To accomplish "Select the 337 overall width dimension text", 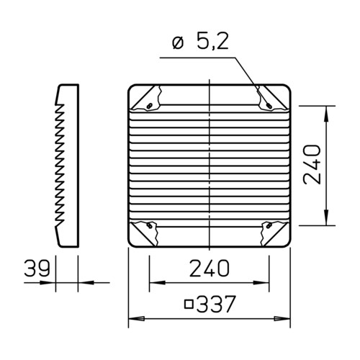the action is pos(216,304).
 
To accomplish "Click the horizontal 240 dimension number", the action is pos(210,267).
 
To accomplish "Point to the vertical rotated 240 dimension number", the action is pos(312,164).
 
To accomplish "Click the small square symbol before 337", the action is pos(189,304).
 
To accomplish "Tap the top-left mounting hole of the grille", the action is pos(150,106).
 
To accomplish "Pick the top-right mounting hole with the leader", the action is pos(269,105).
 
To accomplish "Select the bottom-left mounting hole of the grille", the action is pos(150,225).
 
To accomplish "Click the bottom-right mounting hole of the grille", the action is pos(269,225).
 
